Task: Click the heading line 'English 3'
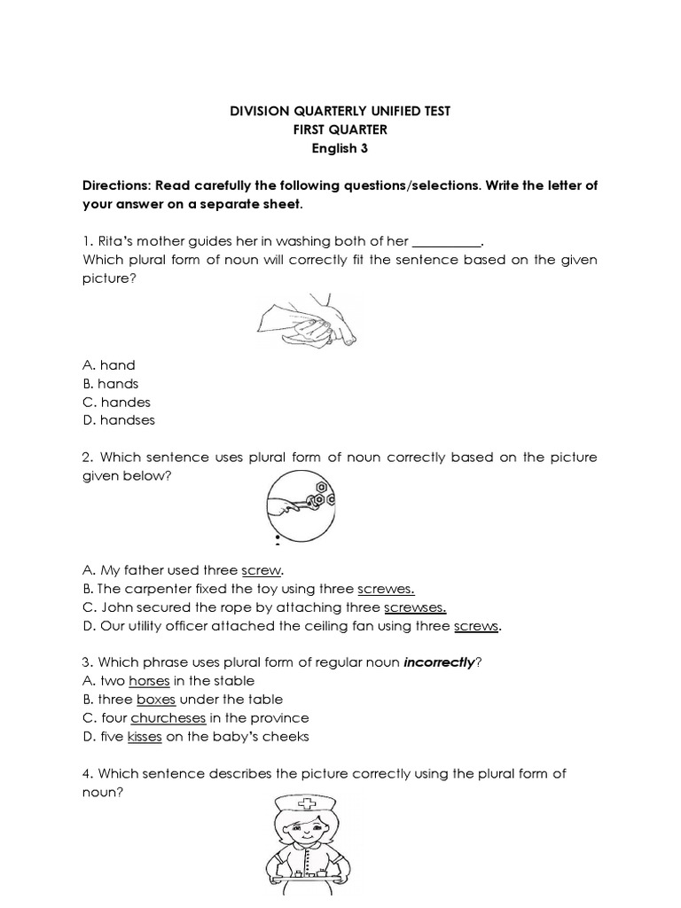coord(340,148)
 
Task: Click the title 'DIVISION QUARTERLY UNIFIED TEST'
coord(340,111)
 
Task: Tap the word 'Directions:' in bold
coord(116,185)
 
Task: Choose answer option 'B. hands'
coord(111,383)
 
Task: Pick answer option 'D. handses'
coord(118,420)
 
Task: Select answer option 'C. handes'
coord(116,402)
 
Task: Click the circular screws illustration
coord(300,504)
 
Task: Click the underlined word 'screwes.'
coord(386,589)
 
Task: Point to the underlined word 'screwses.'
coord(414,607)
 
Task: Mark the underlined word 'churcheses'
coord(168,718)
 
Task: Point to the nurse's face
coord(305,836)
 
